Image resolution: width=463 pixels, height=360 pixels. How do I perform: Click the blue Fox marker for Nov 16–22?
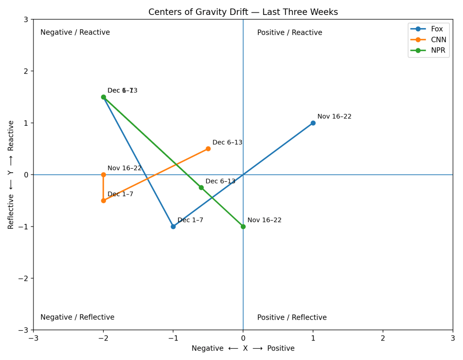click(313, 123)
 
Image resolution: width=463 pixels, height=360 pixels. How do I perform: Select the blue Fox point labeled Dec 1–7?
click(173, 227)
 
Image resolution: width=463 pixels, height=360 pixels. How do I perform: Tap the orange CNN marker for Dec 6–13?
click(208, 149)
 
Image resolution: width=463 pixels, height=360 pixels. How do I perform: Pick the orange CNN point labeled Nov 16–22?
click(103, 175)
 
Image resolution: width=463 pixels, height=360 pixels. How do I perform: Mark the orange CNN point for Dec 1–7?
click(103, 200)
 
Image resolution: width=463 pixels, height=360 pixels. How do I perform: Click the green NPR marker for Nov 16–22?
click(243, 227)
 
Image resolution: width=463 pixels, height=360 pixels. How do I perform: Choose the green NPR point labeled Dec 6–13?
click(201, 188)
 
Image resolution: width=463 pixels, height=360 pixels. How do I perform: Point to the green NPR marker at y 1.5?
click(103, 97)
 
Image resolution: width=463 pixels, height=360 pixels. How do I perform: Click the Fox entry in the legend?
click(437, 29)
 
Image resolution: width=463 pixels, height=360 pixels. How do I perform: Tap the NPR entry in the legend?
click(438, 50)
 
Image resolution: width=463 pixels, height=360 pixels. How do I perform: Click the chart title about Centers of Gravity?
click(243, 12)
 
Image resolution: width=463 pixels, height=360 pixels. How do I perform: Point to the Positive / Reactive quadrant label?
click(290, 33)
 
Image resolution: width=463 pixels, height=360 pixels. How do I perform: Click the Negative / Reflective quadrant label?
click(77, 317)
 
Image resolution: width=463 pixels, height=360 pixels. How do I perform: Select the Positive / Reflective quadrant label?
click(292, 317)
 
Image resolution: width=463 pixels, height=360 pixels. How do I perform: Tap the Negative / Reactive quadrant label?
click(75, 33)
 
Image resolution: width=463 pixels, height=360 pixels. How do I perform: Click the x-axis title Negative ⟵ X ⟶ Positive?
click(243, 348)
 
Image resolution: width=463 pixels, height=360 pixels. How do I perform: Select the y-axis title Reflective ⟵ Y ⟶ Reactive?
click(11, 175)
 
